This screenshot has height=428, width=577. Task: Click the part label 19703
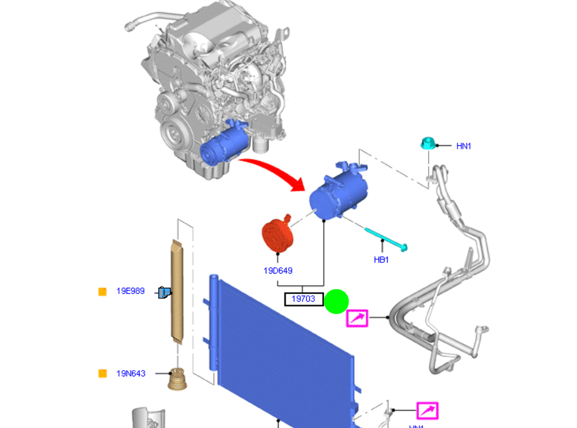[304, 299]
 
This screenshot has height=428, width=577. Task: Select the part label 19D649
[278, 270]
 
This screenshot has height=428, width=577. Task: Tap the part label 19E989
[131, 291]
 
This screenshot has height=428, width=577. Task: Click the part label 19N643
[131, 373]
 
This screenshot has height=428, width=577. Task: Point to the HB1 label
[381, 260]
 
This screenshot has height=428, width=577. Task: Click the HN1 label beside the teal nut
[464, 146]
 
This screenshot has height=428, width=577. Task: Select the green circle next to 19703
[337, 302]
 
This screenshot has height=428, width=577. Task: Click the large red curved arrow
[274, 171]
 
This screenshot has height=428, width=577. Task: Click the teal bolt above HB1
[387, 239]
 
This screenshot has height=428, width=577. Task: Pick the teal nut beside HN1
[426, 144]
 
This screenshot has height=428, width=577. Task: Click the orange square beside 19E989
[103, 291]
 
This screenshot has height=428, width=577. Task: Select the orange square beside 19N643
[103, 373]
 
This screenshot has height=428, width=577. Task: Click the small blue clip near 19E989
[165, 292]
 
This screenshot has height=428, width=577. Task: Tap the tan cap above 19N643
[178, 379]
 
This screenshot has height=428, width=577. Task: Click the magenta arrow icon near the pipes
[357, 318]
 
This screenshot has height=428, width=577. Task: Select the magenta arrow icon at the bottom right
[427, 411]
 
